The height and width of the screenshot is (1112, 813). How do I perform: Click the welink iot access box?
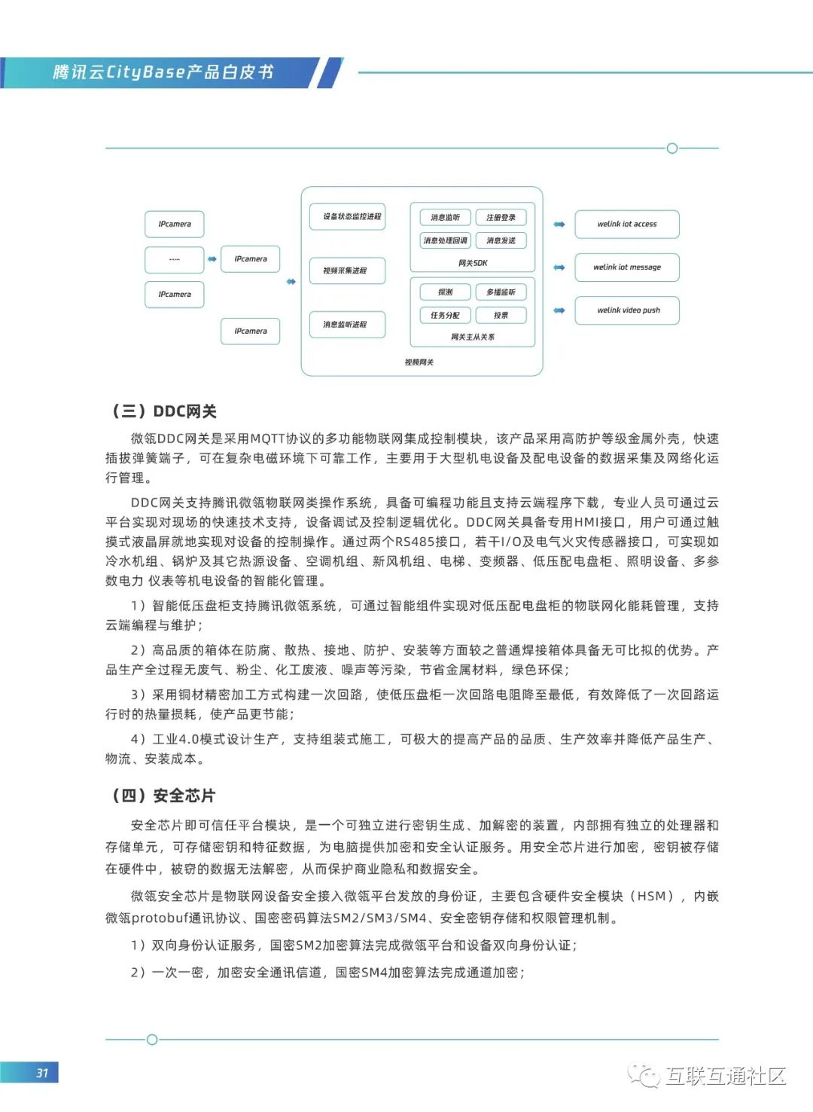click(626, 225)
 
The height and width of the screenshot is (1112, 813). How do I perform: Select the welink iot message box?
click(626, 267)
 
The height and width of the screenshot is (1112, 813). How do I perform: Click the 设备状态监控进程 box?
click(347, 217)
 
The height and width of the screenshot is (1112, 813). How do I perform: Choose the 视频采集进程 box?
click(347, 270)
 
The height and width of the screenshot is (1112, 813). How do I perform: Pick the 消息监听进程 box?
click(347, 325)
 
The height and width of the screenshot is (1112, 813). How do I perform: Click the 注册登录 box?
click(501, 218)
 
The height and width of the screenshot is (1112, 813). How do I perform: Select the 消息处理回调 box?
click(445, 241)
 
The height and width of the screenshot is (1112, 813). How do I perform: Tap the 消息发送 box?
click(501, 241)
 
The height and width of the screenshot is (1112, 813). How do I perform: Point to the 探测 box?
click(445, 292)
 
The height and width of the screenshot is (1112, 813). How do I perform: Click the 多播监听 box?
click(501, 292)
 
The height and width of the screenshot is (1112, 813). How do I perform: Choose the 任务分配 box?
click(445, 316)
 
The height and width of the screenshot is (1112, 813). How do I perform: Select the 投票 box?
click(501, 316)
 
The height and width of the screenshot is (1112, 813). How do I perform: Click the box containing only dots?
click(174, 260)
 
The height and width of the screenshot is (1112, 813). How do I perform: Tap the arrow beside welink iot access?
click(559, 225)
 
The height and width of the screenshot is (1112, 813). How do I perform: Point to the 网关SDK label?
click(473, 263)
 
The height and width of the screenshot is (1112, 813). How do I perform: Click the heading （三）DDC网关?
click(164, 411)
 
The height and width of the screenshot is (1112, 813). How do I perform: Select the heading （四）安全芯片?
click(163, 796)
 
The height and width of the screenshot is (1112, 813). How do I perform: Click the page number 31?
click(41, 1073)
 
